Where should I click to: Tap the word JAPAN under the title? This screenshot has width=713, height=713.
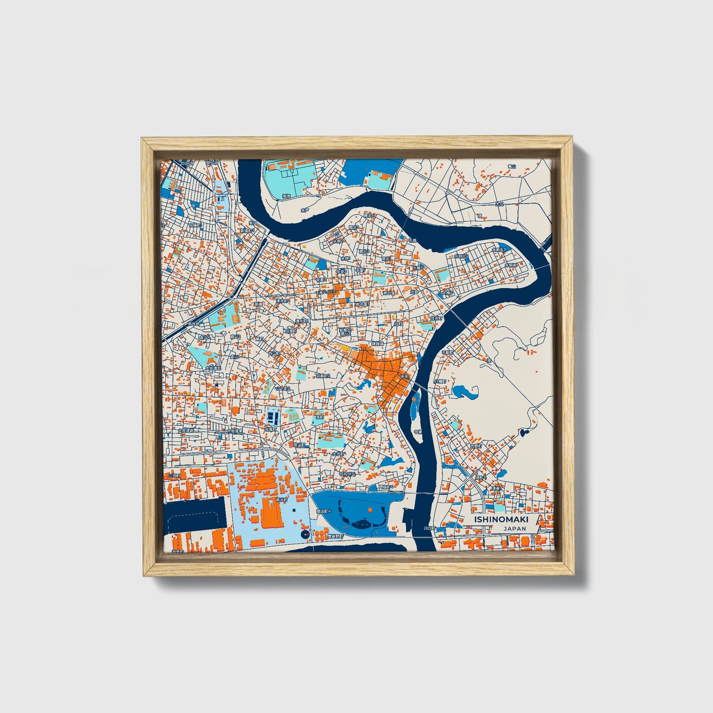click(515, 528)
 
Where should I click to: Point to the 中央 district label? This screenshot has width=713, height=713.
click(405, 376)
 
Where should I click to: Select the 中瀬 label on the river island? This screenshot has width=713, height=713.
click(418, 432)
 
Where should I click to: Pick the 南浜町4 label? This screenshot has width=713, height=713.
click(323, 512)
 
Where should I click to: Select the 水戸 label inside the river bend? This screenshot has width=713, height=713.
click(304, 210)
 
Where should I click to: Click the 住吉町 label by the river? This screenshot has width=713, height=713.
click(436, 318)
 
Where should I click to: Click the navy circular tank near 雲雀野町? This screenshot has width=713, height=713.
click(304, 534)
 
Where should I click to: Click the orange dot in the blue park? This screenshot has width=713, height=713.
click(370, 509)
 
